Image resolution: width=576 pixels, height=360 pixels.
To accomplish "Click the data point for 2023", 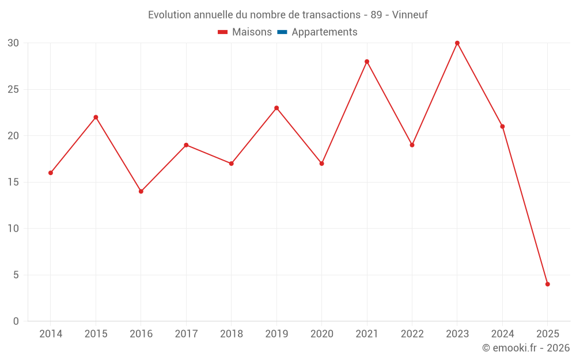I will [x=457, y=43].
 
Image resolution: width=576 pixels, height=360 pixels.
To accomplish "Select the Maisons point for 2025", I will [x=547, y=284].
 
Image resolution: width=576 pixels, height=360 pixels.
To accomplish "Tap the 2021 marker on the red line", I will [x=367, y=62].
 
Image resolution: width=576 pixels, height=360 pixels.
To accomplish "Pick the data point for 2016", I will [x=141, y=191].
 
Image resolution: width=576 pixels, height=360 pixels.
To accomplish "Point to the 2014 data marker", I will [x=51, y=173].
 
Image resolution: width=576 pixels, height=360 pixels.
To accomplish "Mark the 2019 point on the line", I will [x=276, y=108].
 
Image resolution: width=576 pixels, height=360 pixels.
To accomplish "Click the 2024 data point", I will [x=502, y=127].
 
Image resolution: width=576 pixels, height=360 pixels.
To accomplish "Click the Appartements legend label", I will [x=324, y=32].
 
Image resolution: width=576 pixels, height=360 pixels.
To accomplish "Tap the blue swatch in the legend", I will [x=282, y=32].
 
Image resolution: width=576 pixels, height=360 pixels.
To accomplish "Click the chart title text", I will [x=287, y=15].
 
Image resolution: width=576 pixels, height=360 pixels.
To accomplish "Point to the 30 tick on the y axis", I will [x=13, y=43].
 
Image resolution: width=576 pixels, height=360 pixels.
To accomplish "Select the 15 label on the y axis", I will [x=13, y=182].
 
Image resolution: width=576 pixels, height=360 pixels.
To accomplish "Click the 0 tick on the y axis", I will [x=16, y=321].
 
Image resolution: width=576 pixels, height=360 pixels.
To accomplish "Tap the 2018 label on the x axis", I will [x=231, y=334].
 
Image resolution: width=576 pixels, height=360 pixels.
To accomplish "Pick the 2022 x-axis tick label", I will [x=412, y=334].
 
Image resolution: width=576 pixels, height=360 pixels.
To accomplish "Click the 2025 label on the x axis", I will [x=547, y=334].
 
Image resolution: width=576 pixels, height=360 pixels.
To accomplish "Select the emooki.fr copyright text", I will [x=525, y=348].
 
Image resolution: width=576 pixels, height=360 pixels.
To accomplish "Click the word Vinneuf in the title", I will [x=410, y=15].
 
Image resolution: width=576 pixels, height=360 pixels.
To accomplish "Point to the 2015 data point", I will [x=96, y=118].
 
